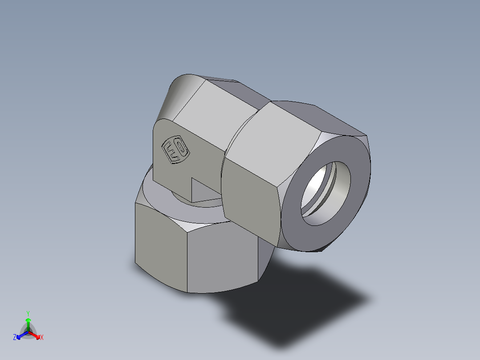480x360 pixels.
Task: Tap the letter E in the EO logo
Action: click(170, 151)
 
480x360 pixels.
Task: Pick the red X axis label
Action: click(42, 338)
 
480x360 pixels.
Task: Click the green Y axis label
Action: click(28, 313)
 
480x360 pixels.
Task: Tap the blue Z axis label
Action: click(15, 338)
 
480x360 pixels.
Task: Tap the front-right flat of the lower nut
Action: click(223, 258)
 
